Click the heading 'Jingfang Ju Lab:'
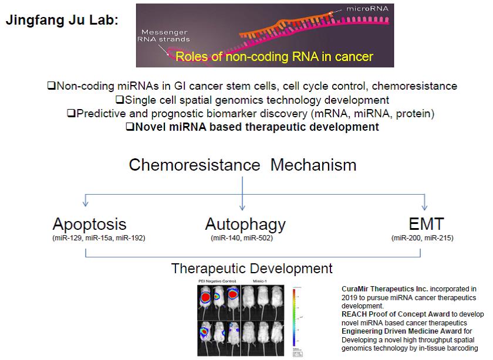62,19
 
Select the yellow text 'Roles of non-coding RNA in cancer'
274,57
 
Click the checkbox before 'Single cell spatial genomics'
121,100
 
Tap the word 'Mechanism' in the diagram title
313,164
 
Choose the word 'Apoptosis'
89,224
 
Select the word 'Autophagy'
245,224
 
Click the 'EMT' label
426,224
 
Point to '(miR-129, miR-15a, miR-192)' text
99,238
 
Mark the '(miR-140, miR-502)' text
242,238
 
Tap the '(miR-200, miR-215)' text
422,238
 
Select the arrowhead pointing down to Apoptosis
86,202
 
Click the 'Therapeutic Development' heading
252,269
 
